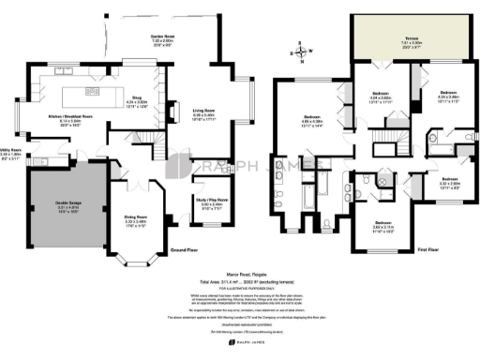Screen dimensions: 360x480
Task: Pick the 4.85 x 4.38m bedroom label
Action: pyautogui.click(x=311, y=119)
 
